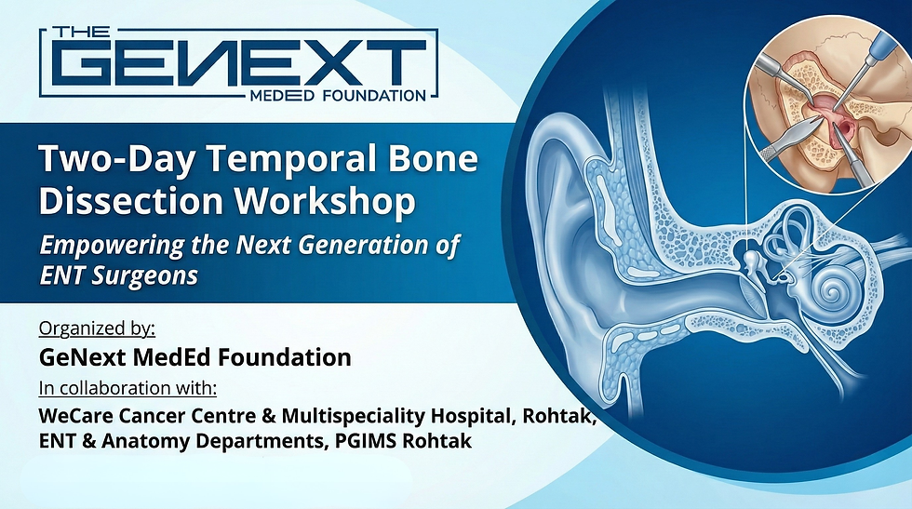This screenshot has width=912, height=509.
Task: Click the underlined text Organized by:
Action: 97,328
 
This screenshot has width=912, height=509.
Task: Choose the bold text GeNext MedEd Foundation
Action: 194,357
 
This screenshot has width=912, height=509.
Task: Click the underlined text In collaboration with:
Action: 134,387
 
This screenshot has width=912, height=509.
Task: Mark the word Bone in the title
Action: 436,160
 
